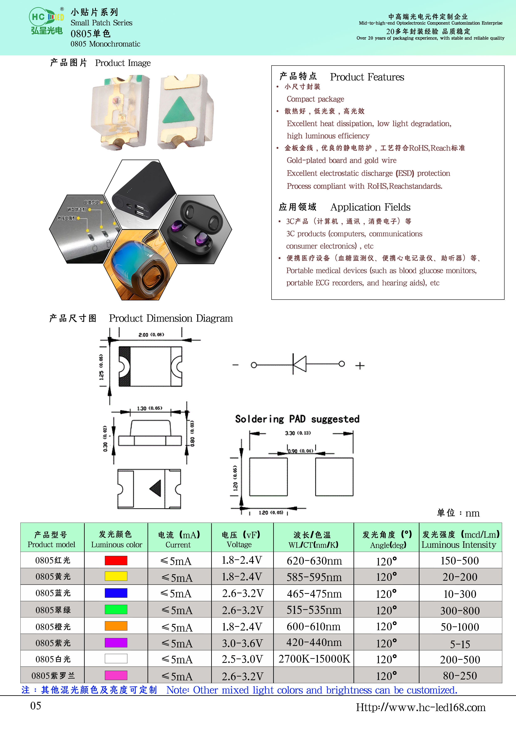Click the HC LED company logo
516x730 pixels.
pos(47,20)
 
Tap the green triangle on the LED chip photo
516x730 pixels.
pos(178,110)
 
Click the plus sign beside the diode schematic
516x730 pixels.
pos(360,366)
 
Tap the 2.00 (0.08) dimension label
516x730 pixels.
pos(151,335)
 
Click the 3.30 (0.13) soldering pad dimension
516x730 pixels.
pos(298,433)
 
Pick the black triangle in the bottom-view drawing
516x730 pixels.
pos(155,488)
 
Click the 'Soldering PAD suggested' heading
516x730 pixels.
pos(297,419)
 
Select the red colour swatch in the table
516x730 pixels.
pos(116,560)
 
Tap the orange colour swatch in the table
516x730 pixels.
pos(116,626)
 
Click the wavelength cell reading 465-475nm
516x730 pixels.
pos(314,594)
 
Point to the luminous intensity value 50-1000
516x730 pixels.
pos(460,627)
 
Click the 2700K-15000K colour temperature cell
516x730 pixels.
pos(314,659)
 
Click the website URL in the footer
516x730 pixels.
pos(421,707)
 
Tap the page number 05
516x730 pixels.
pos(36,706)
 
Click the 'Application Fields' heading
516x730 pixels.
pos(370,207)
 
